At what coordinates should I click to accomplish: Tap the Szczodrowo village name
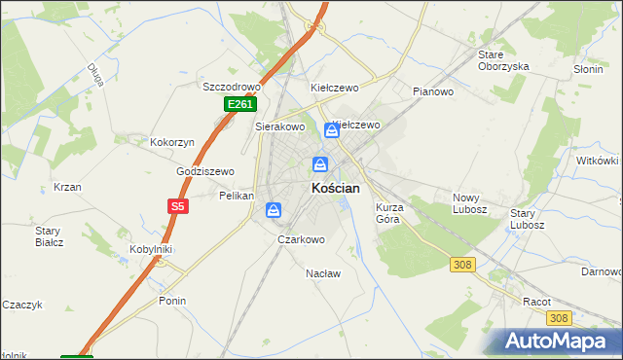234,86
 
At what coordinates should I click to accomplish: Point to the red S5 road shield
176,206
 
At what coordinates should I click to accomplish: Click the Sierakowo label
280,126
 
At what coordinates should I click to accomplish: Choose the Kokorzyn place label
172,142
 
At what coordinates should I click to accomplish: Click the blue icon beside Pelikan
275,209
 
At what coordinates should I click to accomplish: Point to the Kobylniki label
151,249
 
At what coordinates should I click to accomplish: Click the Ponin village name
172,301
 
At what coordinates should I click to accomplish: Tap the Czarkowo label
301,239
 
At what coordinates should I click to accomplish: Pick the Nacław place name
323,273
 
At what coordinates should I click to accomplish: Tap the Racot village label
536,302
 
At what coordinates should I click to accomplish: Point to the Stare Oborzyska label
503,60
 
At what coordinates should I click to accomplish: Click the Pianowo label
433,92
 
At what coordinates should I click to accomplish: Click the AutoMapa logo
560,342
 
